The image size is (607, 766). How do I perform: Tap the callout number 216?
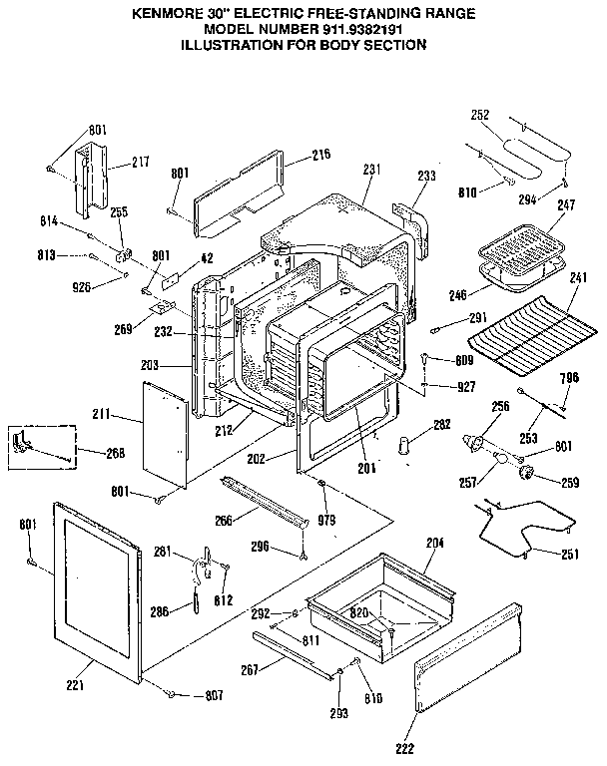pos(320,155)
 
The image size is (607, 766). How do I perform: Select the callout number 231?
pos(371,170)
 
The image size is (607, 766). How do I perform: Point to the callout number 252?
pos(479,115)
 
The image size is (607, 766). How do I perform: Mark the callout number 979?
pos(325,520)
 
